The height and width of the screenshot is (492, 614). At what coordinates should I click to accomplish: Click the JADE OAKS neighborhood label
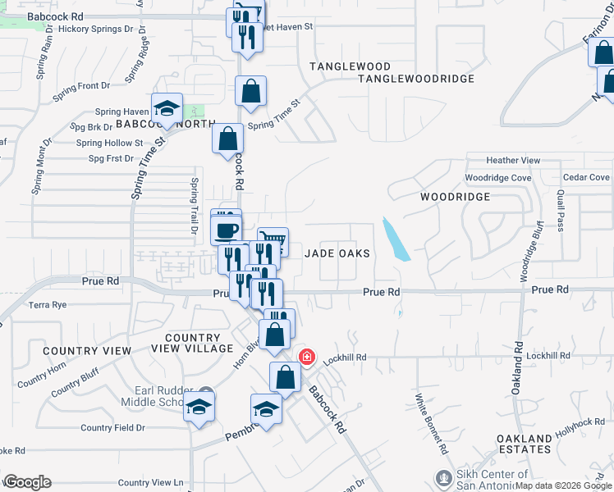click(337, 253)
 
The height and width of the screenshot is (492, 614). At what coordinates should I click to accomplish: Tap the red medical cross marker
click(306, 358)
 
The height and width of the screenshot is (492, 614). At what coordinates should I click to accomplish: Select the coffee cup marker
click(226, 229)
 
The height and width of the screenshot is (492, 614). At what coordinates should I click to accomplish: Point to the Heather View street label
click(513, 160)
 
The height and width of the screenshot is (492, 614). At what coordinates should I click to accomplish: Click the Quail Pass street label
click(561, 212)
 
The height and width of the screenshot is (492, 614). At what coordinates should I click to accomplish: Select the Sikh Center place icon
click(443, 477)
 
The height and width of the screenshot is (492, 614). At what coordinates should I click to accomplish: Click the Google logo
click(27, 482)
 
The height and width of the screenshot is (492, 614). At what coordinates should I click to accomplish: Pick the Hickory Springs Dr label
click(95, 29)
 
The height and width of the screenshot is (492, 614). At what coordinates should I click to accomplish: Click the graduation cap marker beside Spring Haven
click(167, 111)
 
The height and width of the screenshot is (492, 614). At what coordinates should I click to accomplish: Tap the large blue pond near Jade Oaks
click(396, 239)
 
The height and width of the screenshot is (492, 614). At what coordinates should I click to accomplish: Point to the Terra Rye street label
click(48, 305)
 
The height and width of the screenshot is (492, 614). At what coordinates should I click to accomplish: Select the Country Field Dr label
click(112, 427)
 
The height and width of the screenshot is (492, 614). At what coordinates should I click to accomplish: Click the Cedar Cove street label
click(586, 177)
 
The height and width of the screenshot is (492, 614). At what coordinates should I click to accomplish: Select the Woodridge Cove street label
click(497, 178)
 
